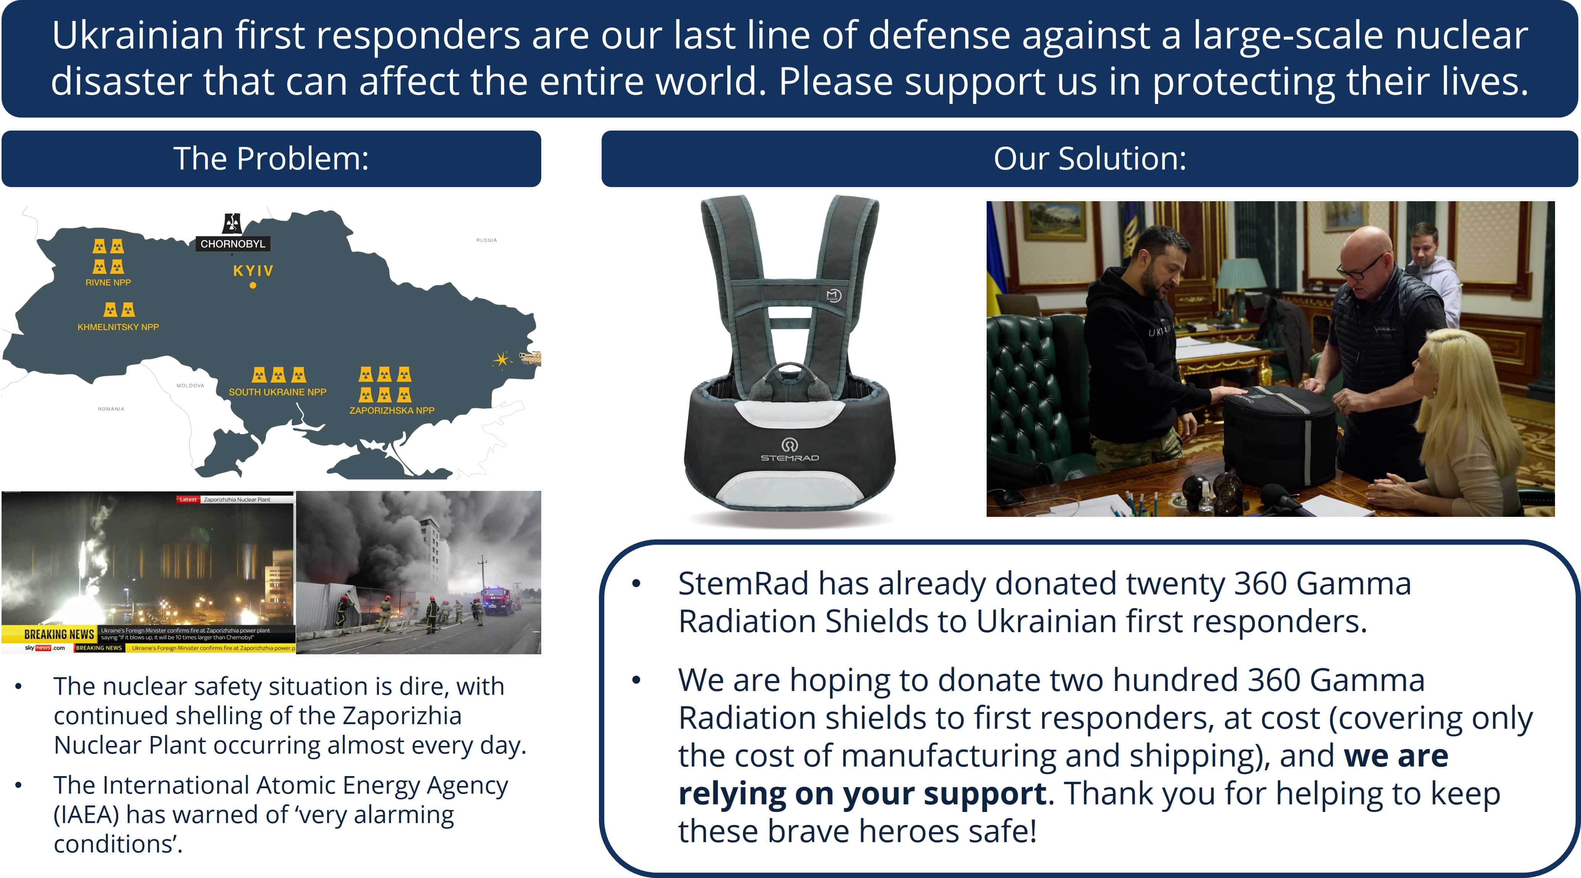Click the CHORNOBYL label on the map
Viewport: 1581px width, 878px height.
233,244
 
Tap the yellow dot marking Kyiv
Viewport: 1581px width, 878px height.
253,285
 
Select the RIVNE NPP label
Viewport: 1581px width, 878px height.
108,282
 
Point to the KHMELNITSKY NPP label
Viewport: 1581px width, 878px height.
118,327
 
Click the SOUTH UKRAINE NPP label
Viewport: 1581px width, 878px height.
277,392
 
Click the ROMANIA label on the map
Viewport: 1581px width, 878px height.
111,408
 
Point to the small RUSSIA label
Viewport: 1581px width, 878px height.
486,240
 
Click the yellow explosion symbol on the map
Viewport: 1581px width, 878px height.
502,360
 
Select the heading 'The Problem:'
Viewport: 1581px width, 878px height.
271,158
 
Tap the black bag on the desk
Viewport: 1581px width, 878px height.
1280,433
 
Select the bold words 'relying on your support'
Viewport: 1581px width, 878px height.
862,793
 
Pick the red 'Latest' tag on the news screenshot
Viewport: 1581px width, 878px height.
188,499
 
